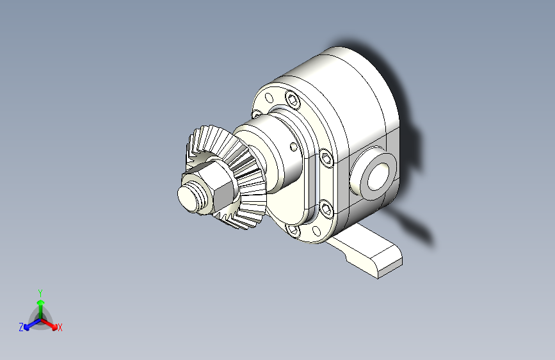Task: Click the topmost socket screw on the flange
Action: [293, 99]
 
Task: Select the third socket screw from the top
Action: [326, 208]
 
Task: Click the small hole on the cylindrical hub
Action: [293, 147]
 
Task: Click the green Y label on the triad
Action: [40, 291]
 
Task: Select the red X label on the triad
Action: [60, 328]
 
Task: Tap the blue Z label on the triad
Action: [21, 327]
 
